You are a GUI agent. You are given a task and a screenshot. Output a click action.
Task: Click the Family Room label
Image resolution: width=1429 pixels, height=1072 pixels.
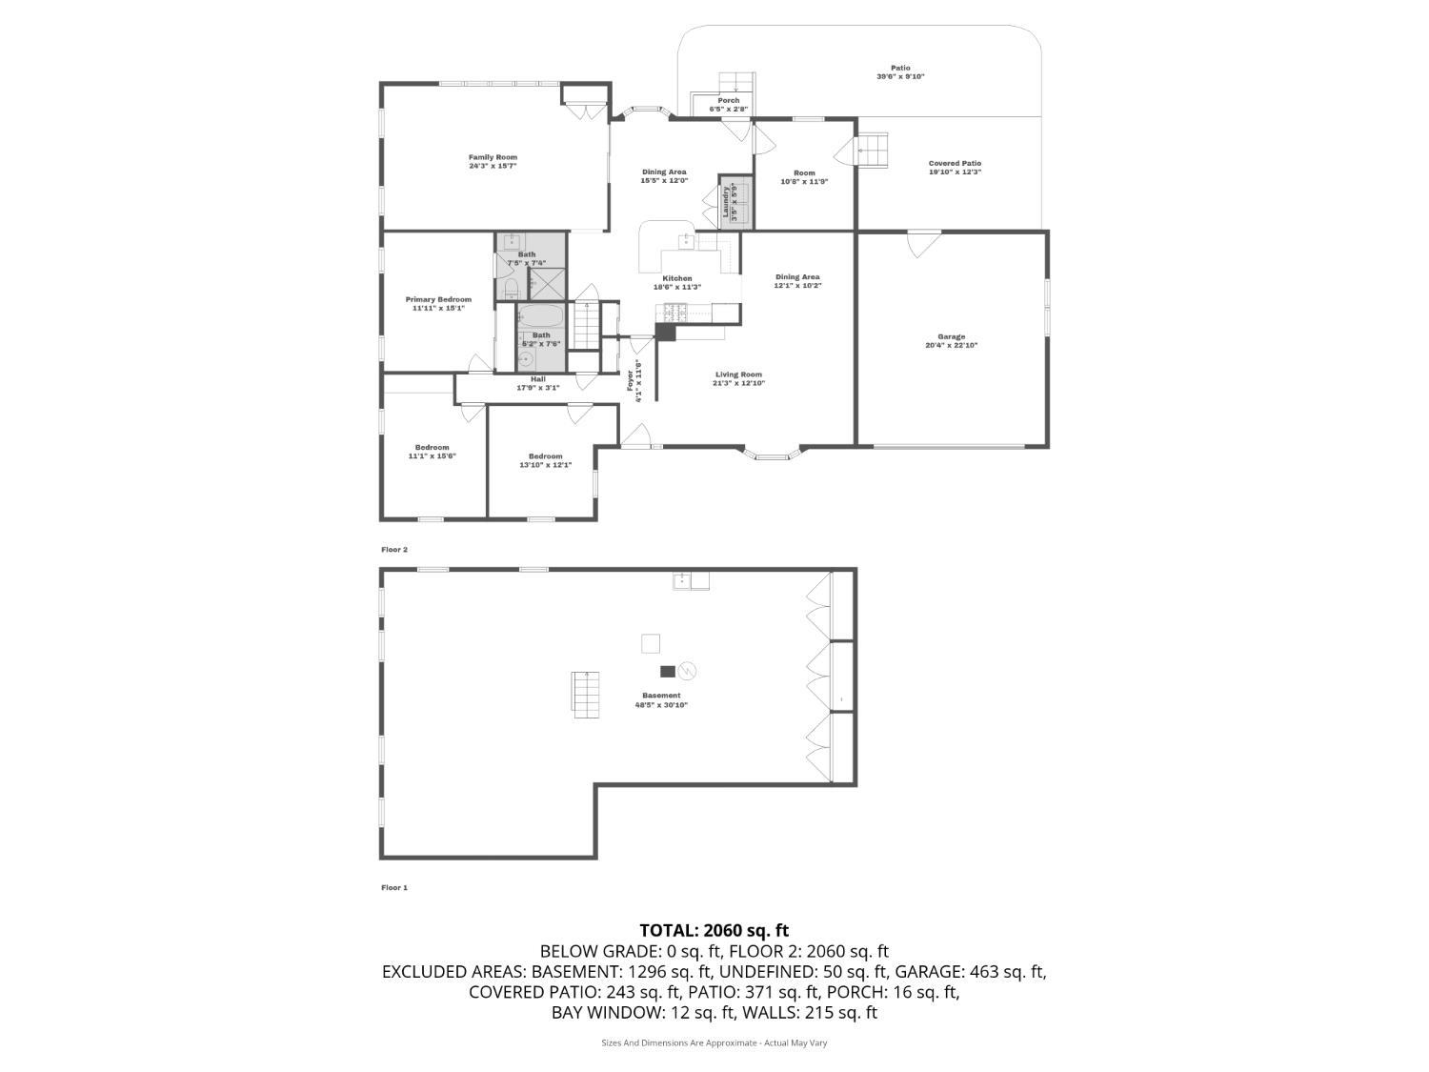coord(493,157)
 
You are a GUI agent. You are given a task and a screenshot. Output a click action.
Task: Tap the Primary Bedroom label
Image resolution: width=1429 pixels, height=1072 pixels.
coord(438,299)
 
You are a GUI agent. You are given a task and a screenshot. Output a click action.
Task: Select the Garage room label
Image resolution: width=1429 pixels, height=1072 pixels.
coord(951,336)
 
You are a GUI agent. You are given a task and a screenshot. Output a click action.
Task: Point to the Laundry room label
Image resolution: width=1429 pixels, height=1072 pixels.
coord(725,202)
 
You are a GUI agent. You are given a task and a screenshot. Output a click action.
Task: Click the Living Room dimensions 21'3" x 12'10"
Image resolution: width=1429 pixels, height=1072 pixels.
coord(739,383)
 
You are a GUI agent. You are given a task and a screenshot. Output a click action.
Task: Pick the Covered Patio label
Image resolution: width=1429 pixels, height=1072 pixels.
coord(955,164)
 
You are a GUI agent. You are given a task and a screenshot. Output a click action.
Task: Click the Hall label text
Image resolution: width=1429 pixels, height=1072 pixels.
coord(537,378)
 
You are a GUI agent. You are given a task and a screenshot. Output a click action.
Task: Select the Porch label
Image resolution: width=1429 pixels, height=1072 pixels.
coord(728,100)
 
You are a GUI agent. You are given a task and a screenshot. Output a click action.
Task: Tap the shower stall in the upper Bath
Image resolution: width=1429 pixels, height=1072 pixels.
coord(547,284)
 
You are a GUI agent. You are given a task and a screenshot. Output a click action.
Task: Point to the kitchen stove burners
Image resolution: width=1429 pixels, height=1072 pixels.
coord(674,311)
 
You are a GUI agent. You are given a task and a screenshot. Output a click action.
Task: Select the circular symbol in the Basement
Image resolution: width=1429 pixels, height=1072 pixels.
coord(686,671)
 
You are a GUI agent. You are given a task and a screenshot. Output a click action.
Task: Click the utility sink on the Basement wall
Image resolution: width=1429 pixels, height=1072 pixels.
coord(691,580)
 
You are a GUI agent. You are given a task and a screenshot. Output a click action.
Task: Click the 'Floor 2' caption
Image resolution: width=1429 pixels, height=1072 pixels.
coord(394,550)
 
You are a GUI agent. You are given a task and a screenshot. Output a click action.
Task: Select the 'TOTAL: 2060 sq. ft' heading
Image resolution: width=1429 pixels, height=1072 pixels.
coord(714,930)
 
